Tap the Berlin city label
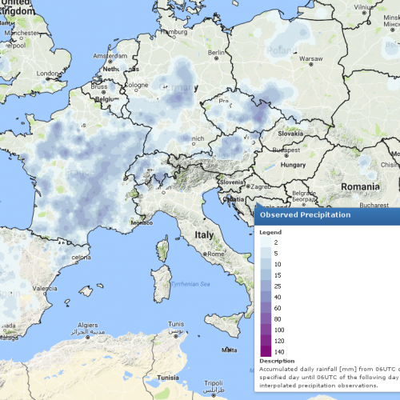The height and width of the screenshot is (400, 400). click(x=215, y=53)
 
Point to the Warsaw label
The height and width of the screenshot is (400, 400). click(x=310, y=58)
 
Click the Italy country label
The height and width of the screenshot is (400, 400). click(x=204, y=235)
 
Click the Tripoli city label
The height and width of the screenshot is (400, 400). click(x=213, y=383)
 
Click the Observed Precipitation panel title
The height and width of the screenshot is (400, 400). click(x=304, y=214)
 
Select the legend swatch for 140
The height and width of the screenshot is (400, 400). click(x=265, y=352)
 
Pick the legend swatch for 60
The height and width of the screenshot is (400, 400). click(x=265, y=307)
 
